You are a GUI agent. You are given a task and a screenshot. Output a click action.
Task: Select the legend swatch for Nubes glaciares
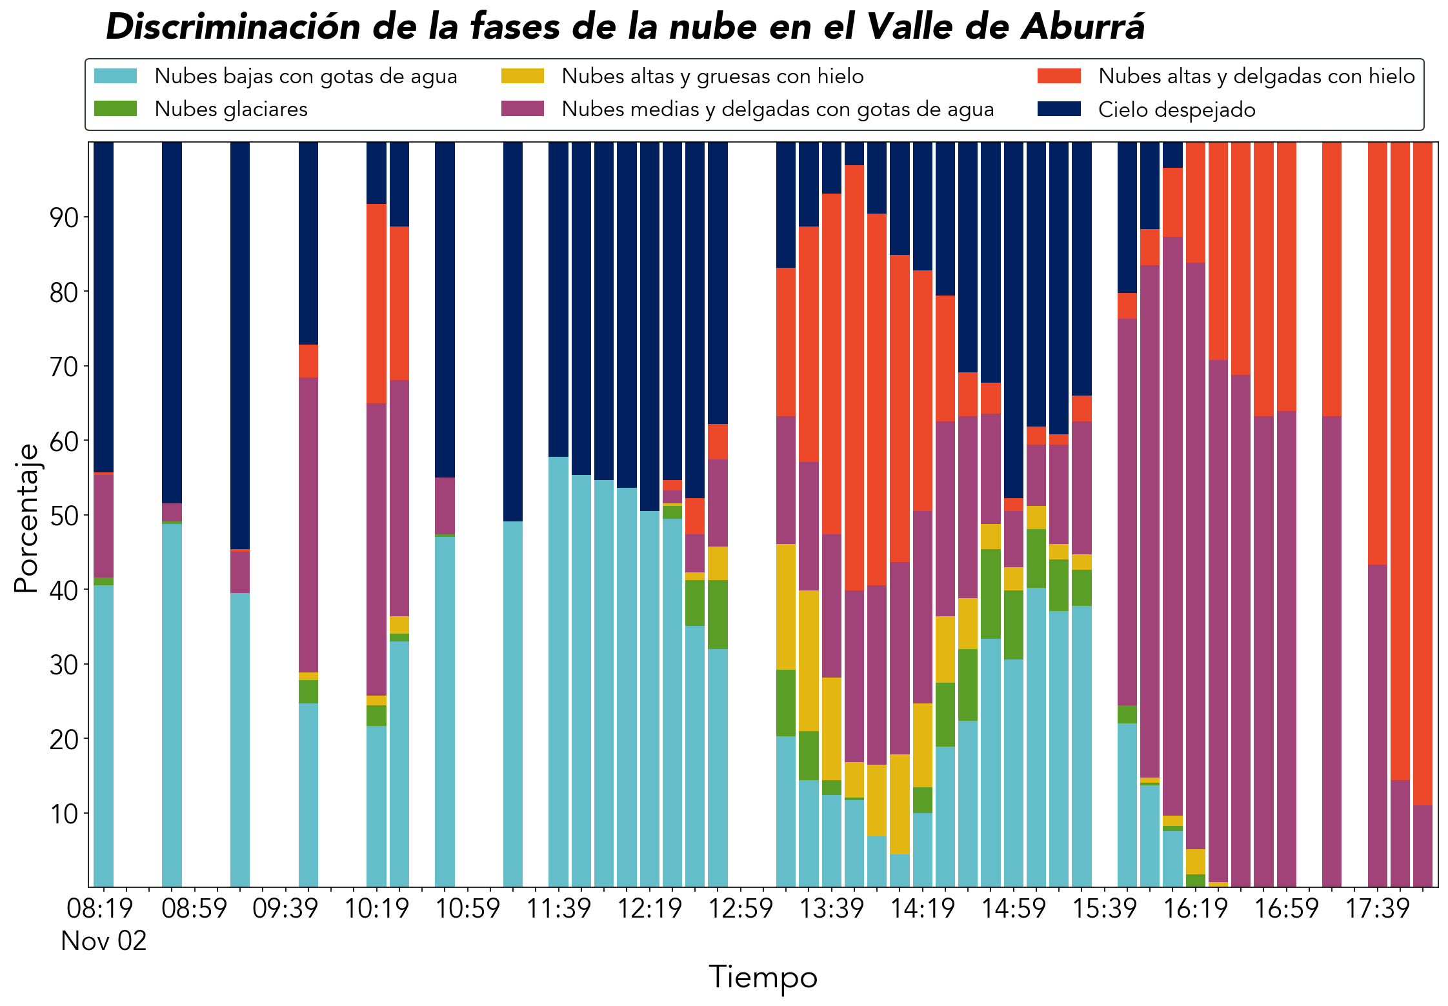tap(116, 108)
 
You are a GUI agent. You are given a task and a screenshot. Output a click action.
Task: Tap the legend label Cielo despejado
tap(1177, 109)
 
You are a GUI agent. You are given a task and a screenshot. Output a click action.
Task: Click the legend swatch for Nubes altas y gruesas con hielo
tap(523, 76)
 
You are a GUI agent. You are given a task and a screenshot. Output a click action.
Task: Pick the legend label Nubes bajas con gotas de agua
tap(306, 76)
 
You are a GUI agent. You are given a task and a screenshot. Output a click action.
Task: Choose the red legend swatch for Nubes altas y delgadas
tap(1059, 76)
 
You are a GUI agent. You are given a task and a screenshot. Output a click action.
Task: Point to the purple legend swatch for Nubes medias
tap(523, 108)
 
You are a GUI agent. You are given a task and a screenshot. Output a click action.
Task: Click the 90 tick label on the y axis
tap(64, 217)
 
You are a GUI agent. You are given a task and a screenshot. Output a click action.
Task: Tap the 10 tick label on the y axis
tap(64, 814)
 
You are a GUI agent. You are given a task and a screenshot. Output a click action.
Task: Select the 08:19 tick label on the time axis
tap(100, 908)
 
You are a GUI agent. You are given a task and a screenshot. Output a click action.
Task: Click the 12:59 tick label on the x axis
tap(740, 908)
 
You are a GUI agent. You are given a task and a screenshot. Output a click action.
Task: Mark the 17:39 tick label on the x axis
tap(1377, 908)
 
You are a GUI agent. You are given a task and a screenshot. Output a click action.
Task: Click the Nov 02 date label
tap(104, 941)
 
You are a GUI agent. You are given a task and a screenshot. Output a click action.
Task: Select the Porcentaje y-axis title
tap(26, 518)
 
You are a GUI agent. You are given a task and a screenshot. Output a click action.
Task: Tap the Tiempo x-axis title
tap(763, 977)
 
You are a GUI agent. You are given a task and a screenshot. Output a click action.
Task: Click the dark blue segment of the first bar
tap(104, 307)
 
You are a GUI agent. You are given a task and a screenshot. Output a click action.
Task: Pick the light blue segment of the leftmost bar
tap(104, 736)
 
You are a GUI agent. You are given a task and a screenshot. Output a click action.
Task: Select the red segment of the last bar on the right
tap(1423, 474)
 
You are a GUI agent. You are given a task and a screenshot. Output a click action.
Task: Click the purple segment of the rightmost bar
tap(1423, 846)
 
